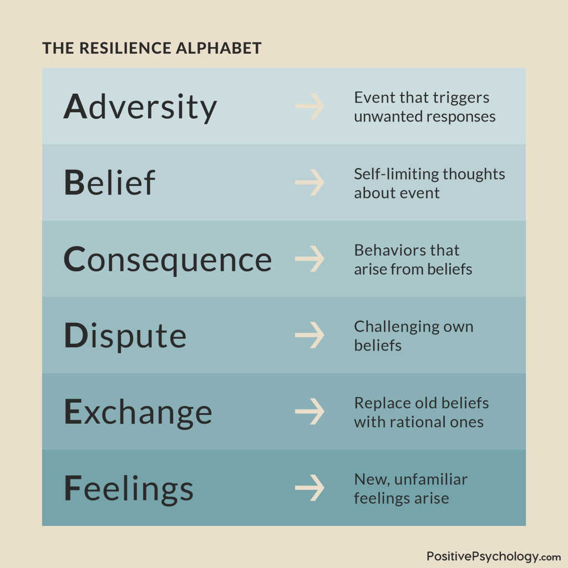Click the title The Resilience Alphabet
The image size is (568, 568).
pos(151,48)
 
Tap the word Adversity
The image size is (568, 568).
pos(140,106)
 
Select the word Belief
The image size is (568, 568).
pos(110,182)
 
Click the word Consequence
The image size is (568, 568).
pos(168,259)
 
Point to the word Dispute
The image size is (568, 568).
pos(125,336)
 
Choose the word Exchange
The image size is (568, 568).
pos(138,412)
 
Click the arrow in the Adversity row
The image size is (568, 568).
pos(310,106)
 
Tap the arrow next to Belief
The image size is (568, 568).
pos(310,182)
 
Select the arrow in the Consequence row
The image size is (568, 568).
pos(310,259)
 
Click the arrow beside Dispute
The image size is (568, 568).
pos(310,336)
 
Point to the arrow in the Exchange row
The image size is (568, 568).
pos(310,412)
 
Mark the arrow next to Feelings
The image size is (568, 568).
pos(310,488)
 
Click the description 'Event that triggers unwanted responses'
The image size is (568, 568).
pos(424,107)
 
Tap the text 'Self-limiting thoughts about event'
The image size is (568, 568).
pos(429,183)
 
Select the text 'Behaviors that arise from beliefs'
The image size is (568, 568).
pos(413,260)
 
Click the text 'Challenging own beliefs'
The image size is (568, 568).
pos(413,336)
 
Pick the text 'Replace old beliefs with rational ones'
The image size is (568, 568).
pos(421,412)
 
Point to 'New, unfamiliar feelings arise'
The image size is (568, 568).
pos(410,488)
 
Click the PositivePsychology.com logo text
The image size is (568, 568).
pos(494,556)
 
